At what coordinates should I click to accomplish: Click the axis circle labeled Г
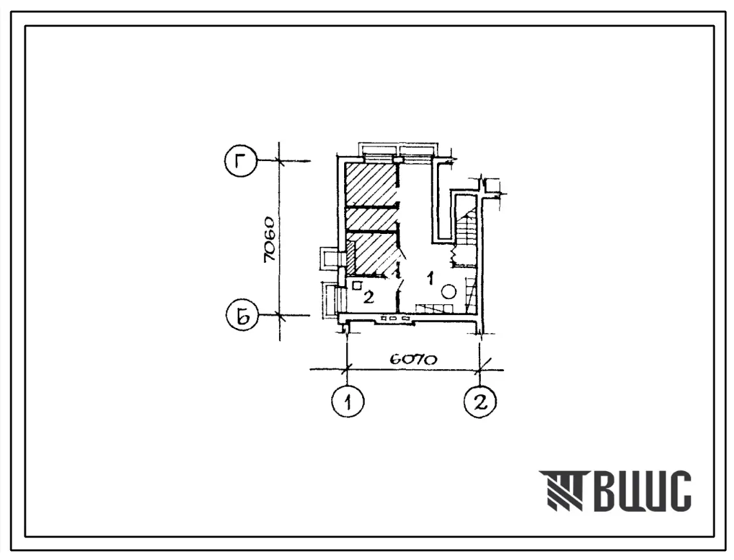coord(240,161)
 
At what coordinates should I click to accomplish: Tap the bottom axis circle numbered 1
coord(347,401)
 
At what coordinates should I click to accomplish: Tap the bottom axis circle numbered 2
coord(480,401)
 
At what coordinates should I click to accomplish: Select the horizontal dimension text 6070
coord(412,359)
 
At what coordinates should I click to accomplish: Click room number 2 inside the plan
coord(369,297)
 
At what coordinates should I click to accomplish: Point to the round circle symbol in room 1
coord(449,292)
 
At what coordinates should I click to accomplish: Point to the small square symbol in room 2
coord(357,285)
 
